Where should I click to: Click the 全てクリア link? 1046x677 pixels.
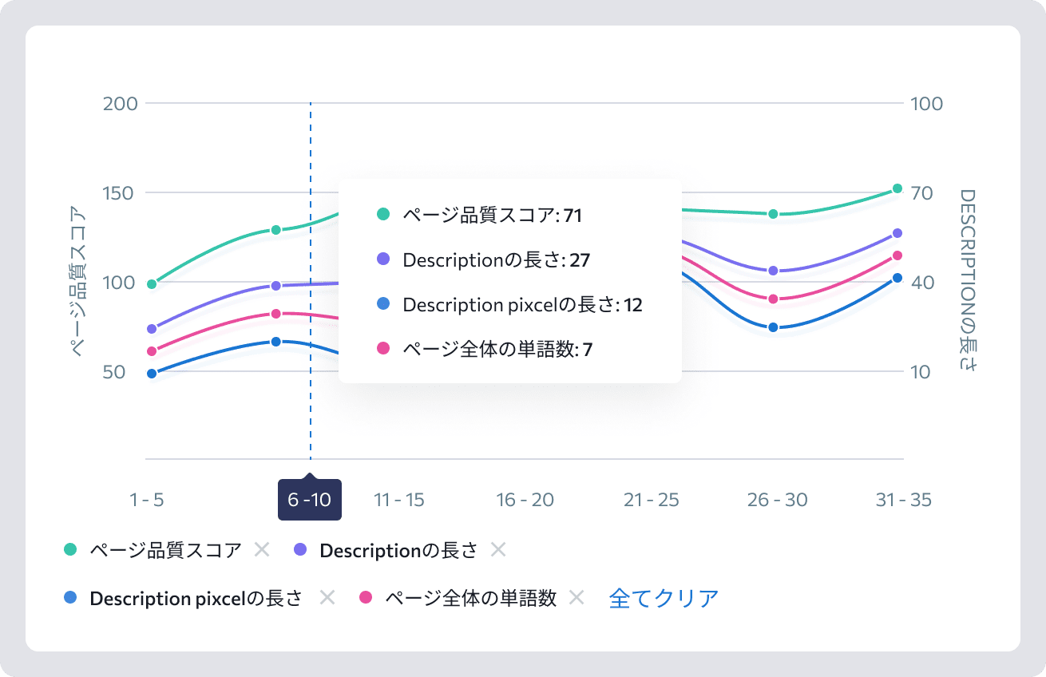tap(664, 598)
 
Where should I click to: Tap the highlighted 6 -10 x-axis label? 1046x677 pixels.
tap(310, 500)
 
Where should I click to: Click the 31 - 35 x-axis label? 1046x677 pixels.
tap(904, 500)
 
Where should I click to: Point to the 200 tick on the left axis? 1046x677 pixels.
tap(121, 104)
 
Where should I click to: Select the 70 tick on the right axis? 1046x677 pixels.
tap(921, 193)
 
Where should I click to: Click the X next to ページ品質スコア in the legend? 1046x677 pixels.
tap(262, 550)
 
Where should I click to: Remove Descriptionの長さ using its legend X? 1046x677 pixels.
tap(498, 550)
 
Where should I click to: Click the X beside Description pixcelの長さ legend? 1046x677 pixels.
tap(327, 598)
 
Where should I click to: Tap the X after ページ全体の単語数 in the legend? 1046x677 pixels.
tap(576, 598)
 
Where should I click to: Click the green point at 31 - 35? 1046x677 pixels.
tap(897, 188)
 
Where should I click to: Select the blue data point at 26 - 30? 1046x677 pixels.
tap(773, 327)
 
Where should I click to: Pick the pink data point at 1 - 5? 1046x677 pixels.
tap(152, 351)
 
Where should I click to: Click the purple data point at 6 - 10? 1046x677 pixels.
tap(276, 285)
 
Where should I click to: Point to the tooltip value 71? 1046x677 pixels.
tap(573, 216)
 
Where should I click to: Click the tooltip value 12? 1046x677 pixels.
tap(633, 305)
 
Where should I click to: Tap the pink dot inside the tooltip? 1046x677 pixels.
tap(383, 348)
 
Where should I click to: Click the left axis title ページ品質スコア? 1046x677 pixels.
tap(77, 282)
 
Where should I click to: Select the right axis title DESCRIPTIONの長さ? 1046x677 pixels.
tap(968, 280)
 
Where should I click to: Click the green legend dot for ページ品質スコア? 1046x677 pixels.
tap(70, 549)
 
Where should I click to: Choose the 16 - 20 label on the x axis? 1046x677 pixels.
tap(525, 500)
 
